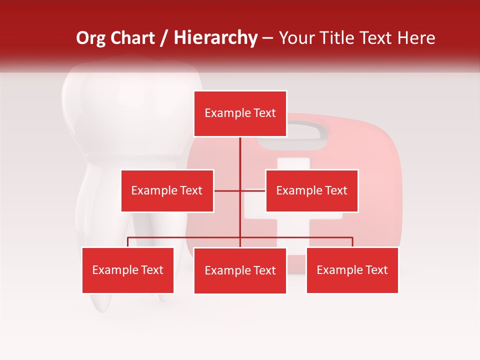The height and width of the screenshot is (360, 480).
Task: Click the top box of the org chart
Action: click(x=240, y=113)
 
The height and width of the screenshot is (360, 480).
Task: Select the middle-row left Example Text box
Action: click(x=167, y=190)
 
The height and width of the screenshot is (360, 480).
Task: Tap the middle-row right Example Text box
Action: click(x=311, y=190)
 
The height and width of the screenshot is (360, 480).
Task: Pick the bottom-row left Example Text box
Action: click(x=127, y=270)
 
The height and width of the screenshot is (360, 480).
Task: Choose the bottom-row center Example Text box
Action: click(x=240, y=270)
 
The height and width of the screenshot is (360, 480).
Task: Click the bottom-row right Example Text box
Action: click(x=352, y=270)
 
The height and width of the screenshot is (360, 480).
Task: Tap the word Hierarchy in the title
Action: click(x=215, y=38)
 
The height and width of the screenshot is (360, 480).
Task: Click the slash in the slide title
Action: click(x=164, y=38)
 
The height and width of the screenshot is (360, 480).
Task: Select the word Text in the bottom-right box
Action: click(x=376, y=270)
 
